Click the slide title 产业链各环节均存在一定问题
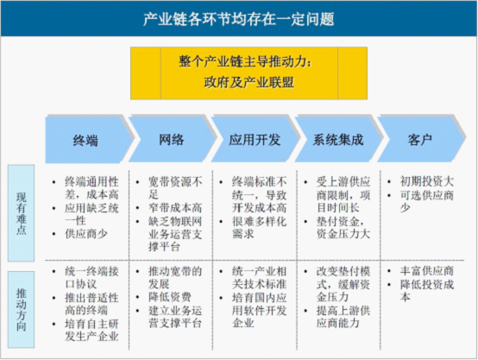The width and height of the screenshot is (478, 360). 239,19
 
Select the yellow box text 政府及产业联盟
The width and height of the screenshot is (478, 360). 248,82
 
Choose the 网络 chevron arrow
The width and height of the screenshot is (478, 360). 173,139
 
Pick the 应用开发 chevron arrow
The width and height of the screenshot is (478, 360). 255,139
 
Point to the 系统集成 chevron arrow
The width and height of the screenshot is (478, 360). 338,139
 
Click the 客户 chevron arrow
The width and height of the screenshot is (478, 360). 421,139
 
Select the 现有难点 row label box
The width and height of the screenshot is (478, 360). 21,213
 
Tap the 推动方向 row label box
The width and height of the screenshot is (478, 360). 21,309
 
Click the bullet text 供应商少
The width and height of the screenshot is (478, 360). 86,234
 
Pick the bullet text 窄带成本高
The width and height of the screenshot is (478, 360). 175,208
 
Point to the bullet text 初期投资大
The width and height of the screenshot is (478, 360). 427,181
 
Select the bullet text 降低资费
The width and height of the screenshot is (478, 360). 170,297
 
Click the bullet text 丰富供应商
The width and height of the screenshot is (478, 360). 427,271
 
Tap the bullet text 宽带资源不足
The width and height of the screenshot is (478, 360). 175,188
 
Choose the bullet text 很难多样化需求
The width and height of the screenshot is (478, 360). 259,228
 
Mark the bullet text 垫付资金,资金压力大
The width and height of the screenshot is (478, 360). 343,228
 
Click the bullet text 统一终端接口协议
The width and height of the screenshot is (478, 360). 91,278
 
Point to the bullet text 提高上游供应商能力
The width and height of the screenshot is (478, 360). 343,317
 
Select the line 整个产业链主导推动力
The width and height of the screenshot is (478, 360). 246,62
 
